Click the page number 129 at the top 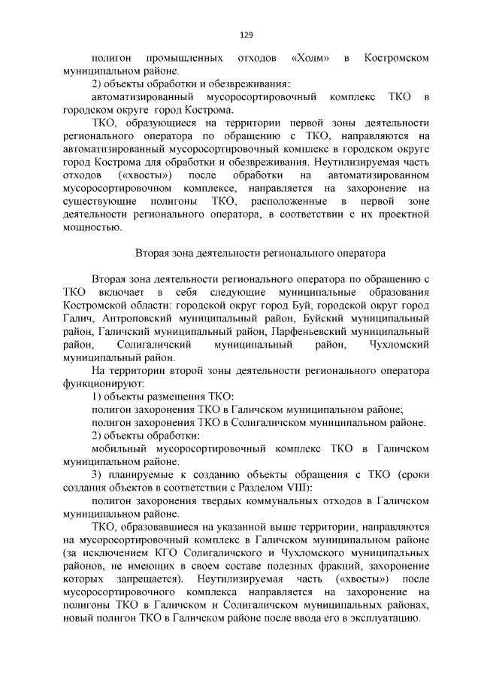coord(246,35)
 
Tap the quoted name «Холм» coord(309,58)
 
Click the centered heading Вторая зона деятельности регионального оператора coord(259,254)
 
